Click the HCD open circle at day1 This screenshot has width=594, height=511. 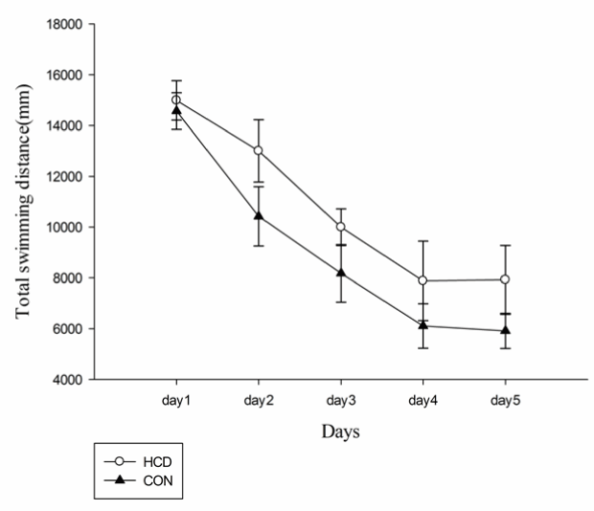[x=175, y=100]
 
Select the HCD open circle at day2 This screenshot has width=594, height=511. [x=258, y=150]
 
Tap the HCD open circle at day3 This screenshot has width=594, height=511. [x=340, y=227]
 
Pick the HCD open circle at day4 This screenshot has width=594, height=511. [x=423, y=280]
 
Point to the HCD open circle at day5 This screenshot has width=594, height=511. [x=505, y=279]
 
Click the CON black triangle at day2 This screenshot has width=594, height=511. [x=258, y=215]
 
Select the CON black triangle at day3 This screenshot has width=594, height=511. [x=340, y=273]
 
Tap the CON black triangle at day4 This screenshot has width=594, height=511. [x=423, y=325]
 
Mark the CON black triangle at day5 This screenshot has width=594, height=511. [x=505, y=330]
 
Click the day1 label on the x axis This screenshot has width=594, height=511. [x=175, y=398]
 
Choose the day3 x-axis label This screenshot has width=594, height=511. [x=340, y=398]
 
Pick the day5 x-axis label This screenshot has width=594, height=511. [x=505, y=398]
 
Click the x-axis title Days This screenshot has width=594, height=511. [x=340, y=433]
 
